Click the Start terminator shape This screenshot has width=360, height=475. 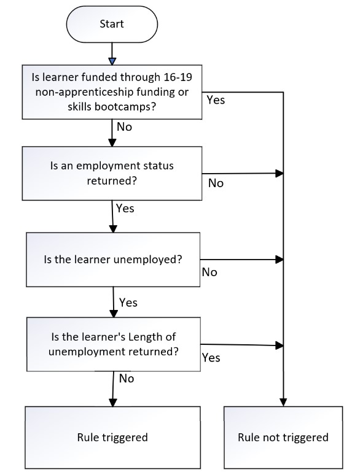tap(112, 24)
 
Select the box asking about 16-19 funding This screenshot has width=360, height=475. tap(112, 92)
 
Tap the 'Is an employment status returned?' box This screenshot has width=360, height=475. tap(112, 173)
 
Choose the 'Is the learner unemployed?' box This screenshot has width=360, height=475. tap(113, 260)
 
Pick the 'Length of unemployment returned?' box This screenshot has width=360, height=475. tap(114, 344)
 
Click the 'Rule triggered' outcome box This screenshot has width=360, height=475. tap(112, 438)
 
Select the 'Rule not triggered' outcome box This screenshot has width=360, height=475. tap(283, 438)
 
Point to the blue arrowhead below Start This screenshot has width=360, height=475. tap(112, 61)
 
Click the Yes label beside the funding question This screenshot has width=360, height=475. tap(216, 99)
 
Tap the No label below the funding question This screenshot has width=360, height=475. tap(124, 126)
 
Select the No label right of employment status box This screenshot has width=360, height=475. tap(216, 183)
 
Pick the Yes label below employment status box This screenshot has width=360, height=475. tap(125, 208)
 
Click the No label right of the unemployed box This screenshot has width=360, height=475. tap(209, 272)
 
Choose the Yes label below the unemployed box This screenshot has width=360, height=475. tap(128, 303)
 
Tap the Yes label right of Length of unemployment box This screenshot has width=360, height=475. tap(211, 357)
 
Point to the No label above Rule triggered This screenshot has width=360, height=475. tap(127, 379)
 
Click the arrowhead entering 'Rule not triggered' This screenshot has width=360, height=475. tap(283, 403)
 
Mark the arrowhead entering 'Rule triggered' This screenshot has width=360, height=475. tap(113, 403)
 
